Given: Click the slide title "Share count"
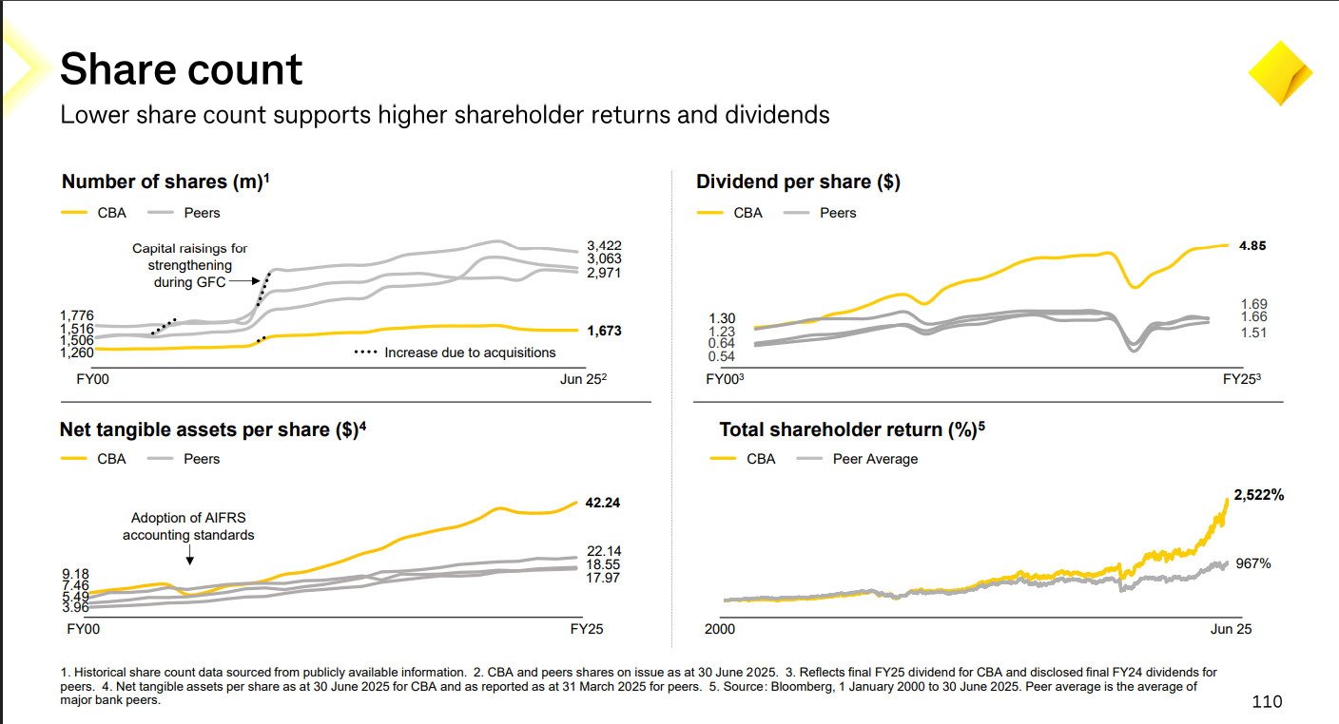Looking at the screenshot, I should [x=181, y=69].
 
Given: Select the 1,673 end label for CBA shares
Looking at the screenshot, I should [x=604, y=332].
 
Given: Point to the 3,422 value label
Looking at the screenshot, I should [x=604, y=246].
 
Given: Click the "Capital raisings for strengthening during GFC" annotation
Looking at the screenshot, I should [x=190, y=266].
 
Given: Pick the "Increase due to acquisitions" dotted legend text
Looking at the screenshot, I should [x=470, y=352].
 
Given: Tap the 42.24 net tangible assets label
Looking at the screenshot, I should [x=602, y=503].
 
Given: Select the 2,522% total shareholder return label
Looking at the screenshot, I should [x=1259, y=495].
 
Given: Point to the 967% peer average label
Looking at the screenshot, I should [x=1252, y=563].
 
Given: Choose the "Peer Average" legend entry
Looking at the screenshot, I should [x=874, y=459].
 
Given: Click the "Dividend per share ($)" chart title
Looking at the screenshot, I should [x=798, y=181].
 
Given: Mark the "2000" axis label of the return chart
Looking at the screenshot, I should [x=720, y=629].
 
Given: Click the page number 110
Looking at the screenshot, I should [x=1267, y=702].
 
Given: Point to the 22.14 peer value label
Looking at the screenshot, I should [x=603, y=551].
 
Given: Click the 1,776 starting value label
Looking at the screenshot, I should [x=76, y=315].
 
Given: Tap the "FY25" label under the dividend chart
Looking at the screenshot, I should [x=1239, y=380].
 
